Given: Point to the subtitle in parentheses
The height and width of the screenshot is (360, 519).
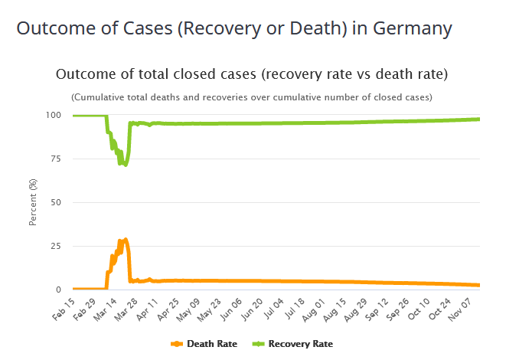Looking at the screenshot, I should pyautogui.click(x=252, y=97).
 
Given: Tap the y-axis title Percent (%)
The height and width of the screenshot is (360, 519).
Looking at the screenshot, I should pyautogui.click(x=33, y=203).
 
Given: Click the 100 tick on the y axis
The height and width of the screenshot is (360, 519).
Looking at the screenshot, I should pyautogui.click(x=53, y=116).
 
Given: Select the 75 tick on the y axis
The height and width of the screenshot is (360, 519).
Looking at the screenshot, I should pyautogui.click(x=55, y=159).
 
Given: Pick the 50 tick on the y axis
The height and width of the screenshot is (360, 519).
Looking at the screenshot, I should pyautogui.click(x=55, y=203).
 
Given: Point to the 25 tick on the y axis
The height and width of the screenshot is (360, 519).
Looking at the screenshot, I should pyautogui.click(x=55, y=247).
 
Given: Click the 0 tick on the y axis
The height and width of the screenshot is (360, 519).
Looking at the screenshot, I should pyautogui.click(x=57, y=290).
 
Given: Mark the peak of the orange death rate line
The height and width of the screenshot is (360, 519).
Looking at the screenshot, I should pyautogui.click(x=126, y=239).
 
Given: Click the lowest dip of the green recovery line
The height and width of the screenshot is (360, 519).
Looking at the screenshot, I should pyautogui.click(x=126, y=165).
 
